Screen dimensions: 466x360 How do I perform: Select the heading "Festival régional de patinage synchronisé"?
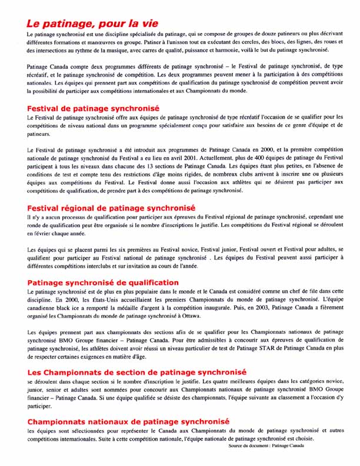[112, 208]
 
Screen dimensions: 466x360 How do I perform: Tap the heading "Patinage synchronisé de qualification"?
[103, 283]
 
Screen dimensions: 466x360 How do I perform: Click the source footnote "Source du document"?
[266, 446]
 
